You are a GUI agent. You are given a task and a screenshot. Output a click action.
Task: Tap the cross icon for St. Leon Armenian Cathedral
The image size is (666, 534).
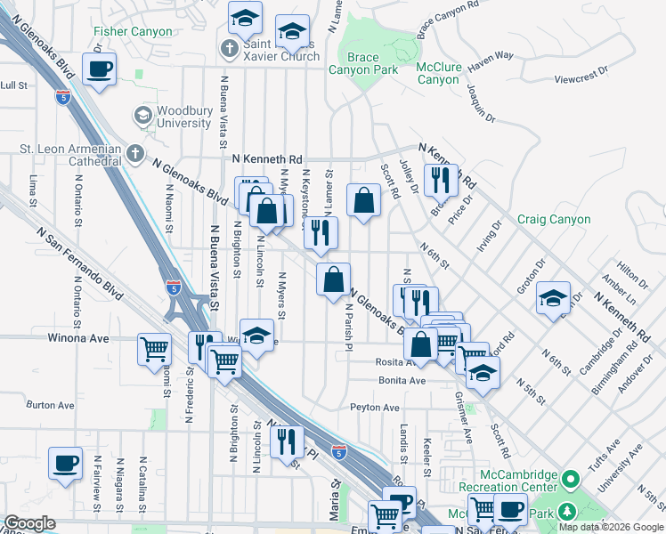click(x=134, y=154)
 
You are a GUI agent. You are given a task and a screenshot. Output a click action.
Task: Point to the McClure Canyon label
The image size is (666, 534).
click(x=437, y=72)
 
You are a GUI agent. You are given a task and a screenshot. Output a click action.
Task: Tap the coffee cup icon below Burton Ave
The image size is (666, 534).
click(x=66, y=465)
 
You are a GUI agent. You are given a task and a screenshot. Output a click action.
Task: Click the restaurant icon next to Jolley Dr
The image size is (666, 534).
click(x=441, y=181)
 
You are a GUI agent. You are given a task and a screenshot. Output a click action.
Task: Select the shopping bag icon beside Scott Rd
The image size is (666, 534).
click(x=363, y=200)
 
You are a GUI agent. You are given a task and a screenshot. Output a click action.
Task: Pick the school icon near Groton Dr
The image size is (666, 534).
click(x=553, y=298)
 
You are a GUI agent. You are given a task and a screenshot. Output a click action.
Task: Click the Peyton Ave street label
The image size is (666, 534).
click(x=375, y=408)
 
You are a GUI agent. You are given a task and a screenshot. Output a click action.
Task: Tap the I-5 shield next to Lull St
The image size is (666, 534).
click(x=62, y=97)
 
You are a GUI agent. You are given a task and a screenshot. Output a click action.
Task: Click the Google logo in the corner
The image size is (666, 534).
click(x=29, y=523)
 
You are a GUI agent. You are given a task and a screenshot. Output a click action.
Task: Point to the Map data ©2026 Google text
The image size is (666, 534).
click(x=611, y=527)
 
